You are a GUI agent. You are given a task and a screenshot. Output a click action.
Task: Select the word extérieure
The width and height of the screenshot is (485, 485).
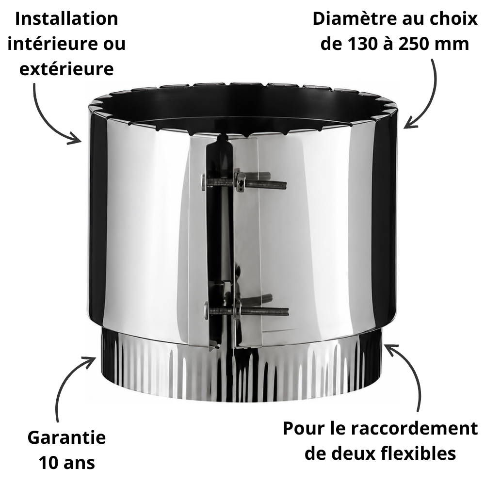[x=66, y=69]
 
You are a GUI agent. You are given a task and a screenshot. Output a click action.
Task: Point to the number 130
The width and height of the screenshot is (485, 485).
[x=362, y=44]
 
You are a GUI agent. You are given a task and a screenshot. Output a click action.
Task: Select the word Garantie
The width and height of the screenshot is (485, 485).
[x=66, y=437]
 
